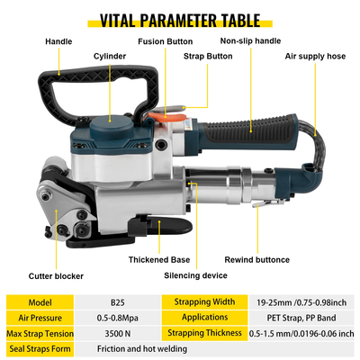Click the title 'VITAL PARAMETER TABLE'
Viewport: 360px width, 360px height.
tap(180, 21)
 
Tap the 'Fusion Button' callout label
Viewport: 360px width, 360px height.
tap(166, 41)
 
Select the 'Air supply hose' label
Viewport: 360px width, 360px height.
tap(315, 56)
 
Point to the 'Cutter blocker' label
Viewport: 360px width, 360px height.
tap(56, 276)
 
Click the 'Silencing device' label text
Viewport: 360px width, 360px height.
tap(195, 275)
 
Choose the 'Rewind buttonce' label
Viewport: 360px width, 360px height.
tap(257, 260)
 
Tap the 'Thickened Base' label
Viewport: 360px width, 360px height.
tap(159, 260)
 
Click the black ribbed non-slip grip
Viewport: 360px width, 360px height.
tap(249, 131)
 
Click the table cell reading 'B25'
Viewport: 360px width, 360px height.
tap(118, 302)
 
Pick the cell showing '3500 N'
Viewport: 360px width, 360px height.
tap(118, 333)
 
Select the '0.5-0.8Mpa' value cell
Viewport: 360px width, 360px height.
tap(118, 318)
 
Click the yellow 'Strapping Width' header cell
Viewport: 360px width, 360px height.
tap(204, 302)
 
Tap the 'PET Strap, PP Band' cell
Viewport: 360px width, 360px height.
tap(301, 318)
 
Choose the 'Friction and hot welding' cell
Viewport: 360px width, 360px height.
tap(142, 349)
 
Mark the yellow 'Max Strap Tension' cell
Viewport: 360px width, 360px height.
tap(40, 333)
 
